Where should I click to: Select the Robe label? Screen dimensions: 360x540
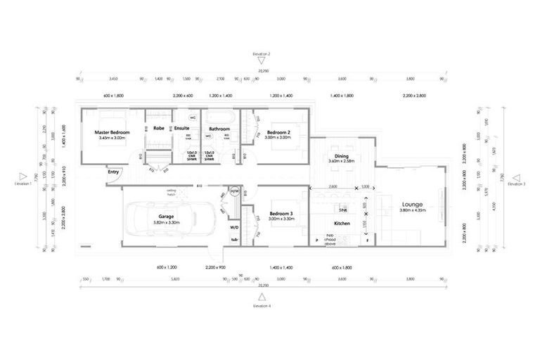159,129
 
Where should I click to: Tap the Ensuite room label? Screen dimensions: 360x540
181,129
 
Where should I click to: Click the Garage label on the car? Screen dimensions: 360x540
166,216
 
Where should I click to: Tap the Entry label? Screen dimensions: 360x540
113,171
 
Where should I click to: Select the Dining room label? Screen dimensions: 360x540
342,157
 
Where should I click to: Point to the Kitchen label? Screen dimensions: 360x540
342,224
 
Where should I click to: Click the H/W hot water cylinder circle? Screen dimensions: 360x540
235,191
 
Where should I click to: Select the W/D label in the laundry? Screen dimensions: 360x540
234,227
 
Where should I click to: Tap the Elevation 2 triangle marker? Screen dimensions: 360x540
261,60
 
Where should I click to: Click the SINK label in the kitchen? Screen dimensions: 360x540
343,210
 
